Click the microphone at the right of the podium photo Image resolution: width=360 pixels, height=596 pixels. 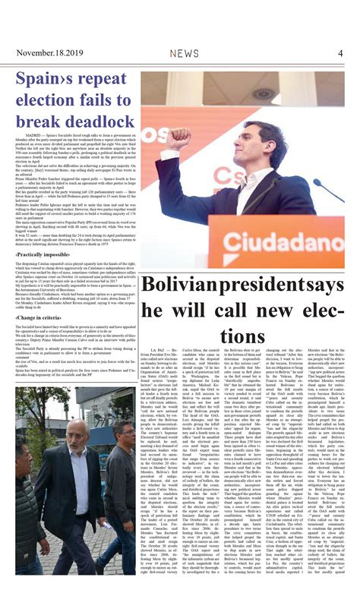pos(336,190)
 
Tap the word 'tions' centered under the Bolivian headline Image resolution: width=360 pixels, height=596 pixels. pos(243,335)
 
